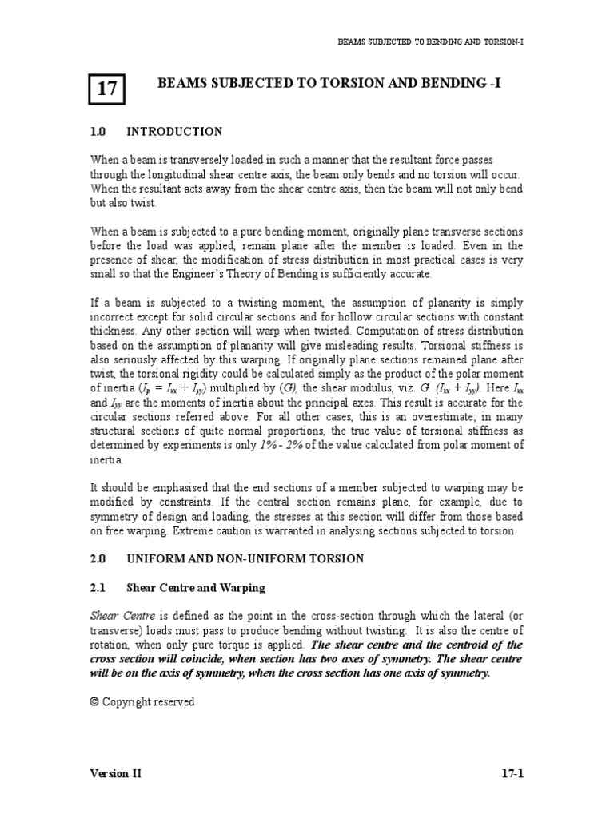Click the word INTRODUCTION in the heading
175,131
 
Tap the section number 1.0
98,131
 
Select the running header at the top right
431,40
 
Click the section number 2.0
98,559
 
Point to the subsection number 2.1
98,588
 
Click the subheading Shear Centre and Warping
196,588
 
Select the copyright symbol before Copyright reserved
94,702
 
